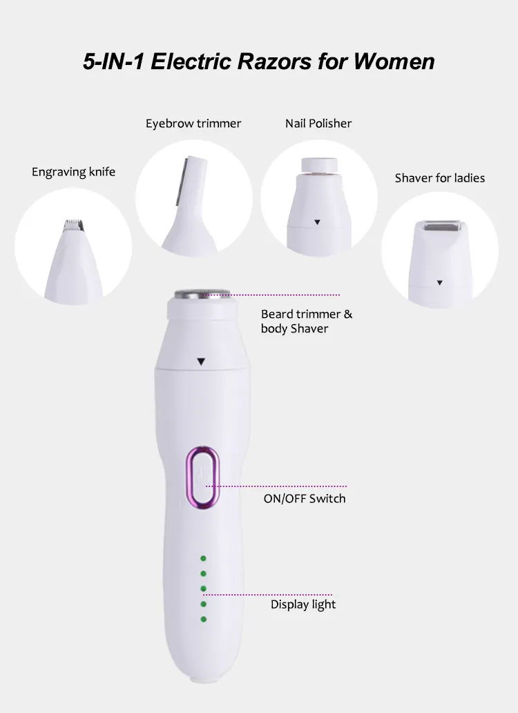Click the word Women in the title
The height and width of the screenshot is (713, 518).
(394, 61)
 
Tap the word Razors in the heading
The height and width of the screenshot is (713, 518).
(275, 61)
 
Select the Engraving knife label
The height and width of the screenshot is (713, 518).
(74, 172)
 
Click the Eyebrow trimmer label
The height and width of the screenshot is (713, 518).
(193, 124)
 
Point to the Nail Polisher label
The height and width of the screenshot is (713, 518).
(318, 123)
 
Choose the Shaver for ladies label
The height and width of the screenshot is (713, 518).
(440, 178)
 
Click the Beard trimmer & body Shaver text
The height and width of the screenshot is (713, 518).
(307, 321)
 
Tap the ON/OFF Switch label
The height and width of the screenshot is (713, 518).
(305, 498)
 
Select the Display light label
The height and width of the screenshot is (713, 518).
(303, 605)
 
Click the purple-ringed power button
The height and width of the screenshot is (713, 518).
(202, 477)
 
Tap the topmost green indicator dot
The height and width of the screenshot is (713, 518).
(203, 558)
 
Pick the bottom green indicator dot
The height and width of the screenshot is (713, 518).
(203, 619)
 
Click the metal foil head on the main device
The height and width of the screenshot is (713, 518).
(202, 294)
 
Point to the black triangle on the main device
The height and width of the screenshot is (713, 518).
(201, 361)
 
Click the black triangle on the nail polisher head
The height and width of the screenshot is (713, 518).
(317, 222)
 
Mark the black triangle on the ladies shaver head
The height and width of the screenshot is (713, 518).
(439, 283)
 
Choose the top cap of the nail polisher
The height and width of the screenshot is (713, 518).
(319, 164)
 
